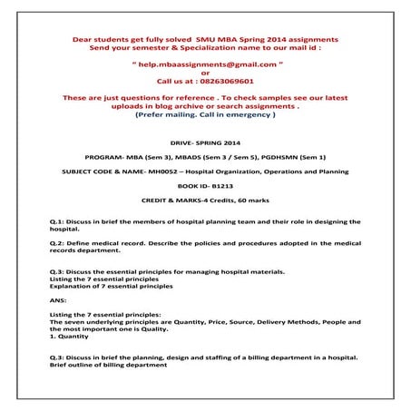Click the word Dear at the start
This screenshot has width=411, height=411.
[x=83, y=40]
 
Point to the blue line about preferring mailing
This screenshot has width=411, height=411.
[x=205, y=115]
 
